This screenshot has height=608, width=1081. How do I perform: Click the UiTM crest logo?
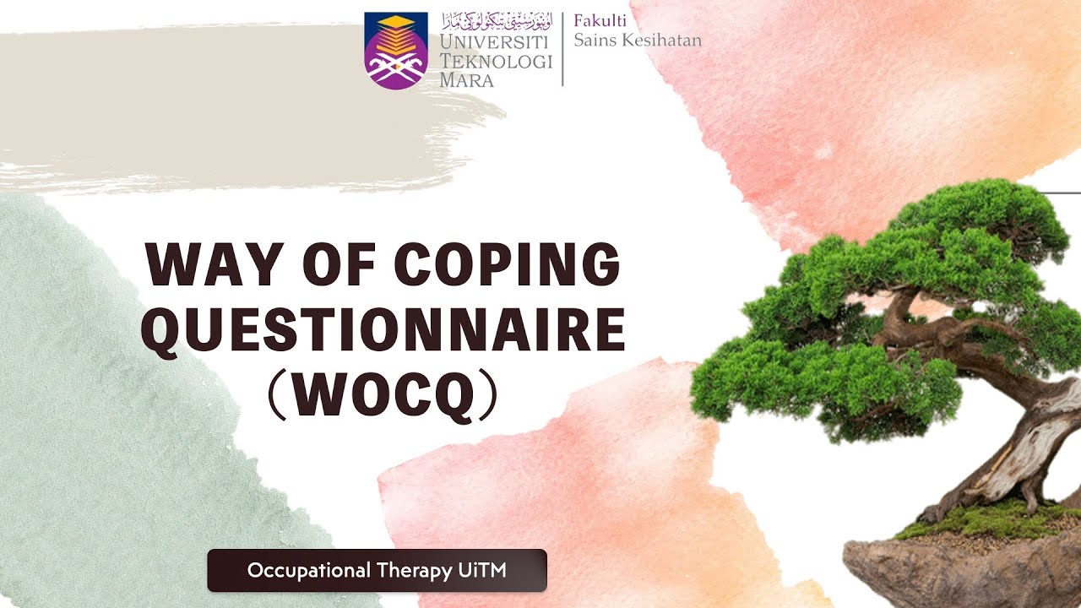(395, 51)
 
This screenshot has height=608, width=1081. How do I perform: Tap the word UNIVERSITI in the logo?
(495, 42)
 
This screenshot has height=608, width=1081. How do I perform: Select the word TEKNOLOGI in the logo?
(496, 62)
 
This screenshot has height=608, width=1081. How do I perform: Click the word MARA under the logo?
(466, 81)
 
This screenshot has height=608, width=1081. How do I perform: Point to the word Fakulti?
(600, 22)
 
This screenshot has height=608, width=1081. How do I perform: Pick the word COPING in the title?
(507, 264)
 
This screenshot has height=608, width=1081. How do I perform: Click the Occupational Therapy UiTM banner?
(377, 571)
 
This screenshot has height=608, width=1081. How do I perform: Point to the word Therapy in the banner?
(413, 571)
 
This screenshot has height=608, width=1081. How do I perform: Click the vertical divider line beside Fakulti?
(563, 48)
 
